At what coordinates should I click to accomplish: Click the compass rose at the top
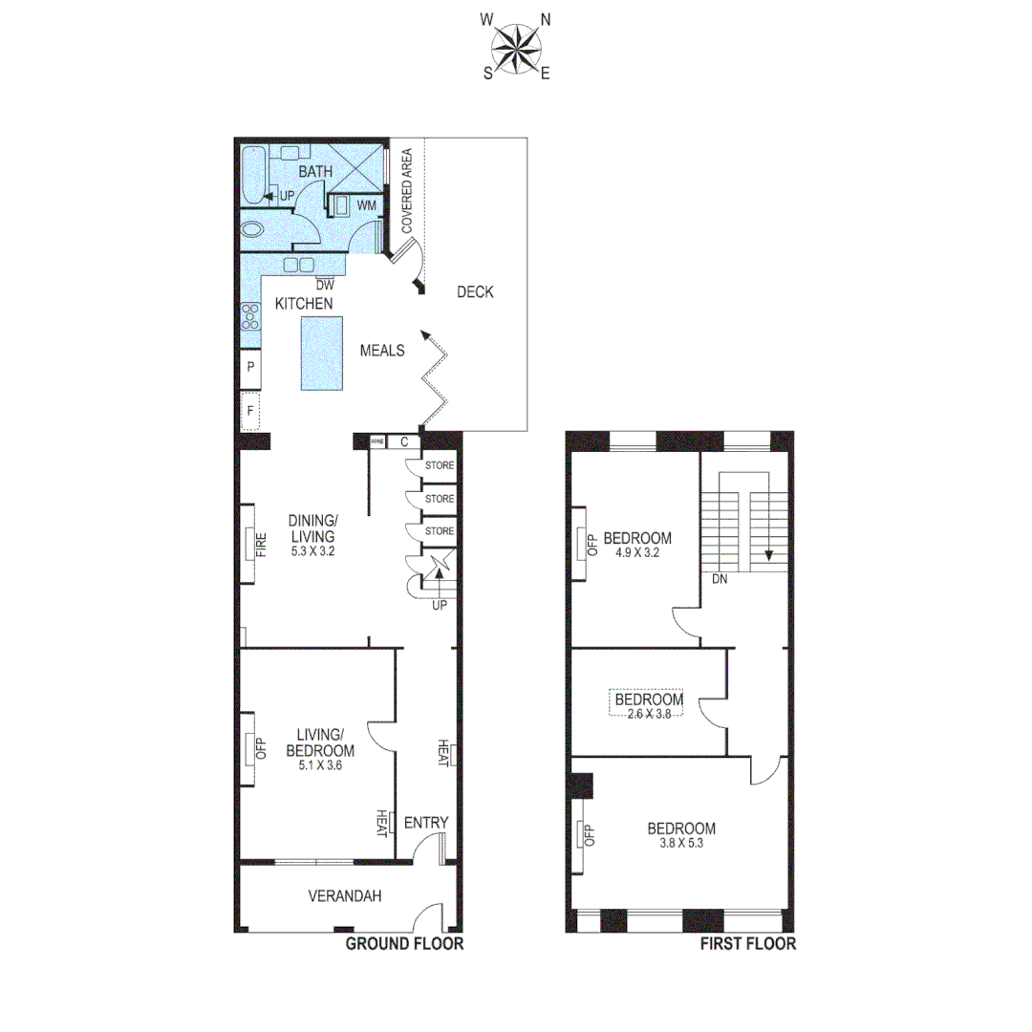pyautogui.click(x=517, y=46)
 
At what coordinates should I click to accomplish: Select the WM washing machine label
pyautogui.click(x=367, y=205)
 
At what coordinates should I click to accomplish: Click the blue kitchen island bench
pyautogui.click(x=321, y=353)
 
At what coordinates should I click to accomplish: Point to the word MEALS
pyautogui.click(x=382, y=351)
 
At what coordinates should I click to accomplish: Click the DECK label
pyautogui.click(x=475, y=292)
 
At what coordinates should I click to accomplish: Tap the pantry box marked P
pyautogui.click(x=250, y=367)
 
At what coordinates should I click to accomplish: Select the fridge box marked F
pyautogui.click(x=250, y=410)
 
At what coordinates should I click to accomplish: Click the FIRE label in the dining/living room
pyautogui.click(x=259, y=546)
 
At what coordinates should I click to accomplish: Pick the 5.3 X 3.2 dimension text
pyautogui.click(x=312, y=550)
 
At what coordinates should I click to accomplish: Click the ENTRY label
pyautogui.click(x=426, y=823)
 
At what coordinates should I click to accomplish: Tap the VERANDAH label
pyautogui.click(x=345, y=896)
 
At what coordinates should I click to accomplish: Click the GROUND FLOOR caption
pyautogui.click(x=404, y=944)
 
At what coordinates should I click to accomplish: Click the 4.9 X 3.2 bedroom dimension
pyautogui.click(x=636, y=551)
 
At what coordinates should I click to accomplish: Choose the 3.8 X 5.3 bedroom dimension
pyautogui.click(x=681, y=843)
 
